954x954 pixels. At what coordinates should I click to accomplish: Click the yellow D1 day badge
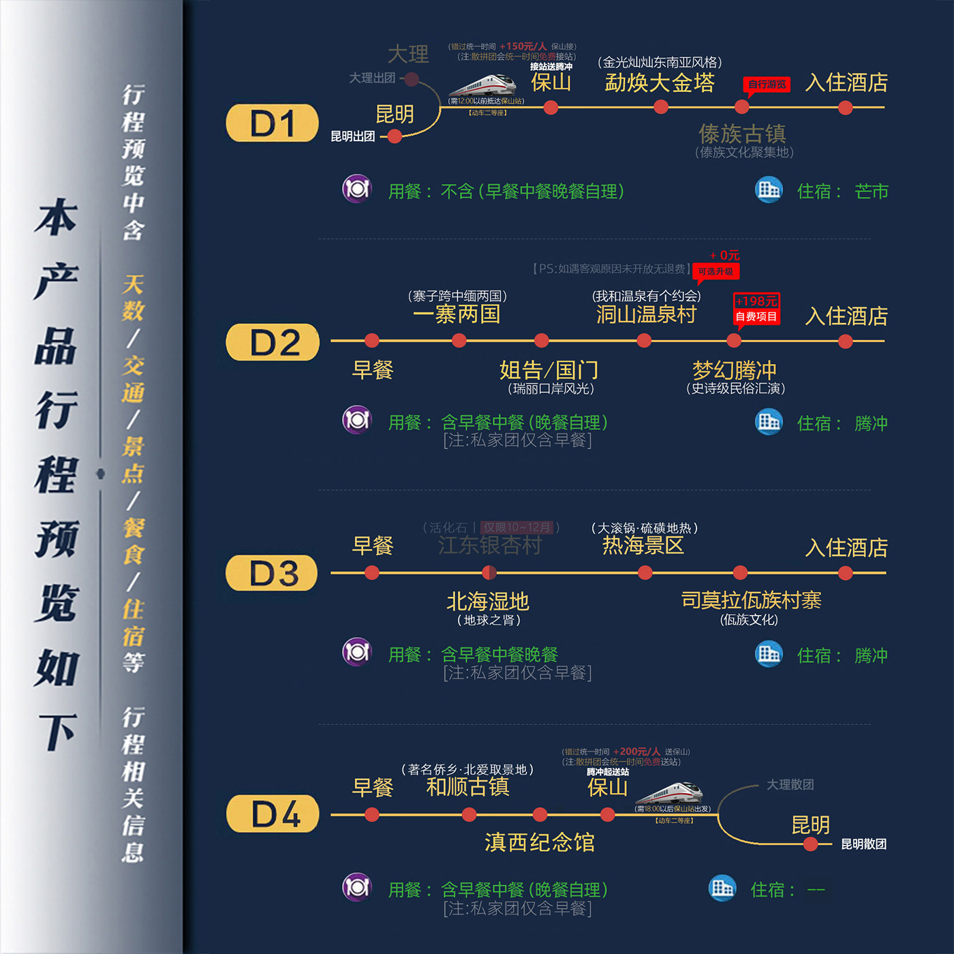coord(272,123)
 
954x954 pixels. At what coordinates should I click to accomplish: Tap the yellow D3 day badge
coord(272,573)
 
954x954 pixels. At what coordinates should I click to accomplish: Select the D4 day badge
coord(273,814)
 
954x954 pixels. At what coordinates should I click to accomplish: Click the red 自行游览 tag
coord(767,84)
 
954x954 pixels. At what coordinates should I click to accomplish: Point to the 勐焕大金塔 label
coord(659,83)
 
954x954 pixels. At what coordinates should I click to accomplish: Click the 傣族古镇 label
coord(742,133)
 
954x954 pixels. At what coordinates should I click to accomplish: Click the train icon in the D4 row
coord(671,793)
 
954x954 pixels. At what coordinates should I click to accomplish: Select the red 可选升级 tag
coord(715,272)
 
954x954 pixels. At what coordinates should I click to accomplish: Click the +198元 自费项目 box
coord(756,309)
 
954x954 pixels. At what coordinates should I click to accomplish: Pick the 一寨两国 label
coord(457,314)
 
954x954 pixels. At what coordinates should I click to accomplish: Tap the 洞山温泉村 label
coord(646,314)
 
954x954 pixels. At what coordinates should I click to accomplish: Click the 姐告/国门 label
coord(549,370)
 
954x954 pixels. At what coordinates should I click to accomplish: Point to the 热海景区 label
coord(643,545)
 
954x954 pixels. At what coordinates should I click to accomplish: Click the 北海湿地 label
coord(488,601)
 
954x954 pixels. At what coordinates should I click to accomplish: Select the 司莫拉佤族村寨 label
coord(751,600)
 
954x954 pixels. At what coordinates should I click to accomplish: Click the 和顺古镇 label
coord(467,787)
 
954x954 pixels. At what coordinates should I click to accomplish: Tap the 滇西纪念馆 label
coord(539,842)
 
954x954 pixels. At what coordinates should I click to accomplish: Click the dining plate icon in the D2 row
coord(356,420)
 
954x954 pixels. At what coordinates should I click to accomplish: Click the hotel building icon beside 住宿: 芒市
coord(769,189)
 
